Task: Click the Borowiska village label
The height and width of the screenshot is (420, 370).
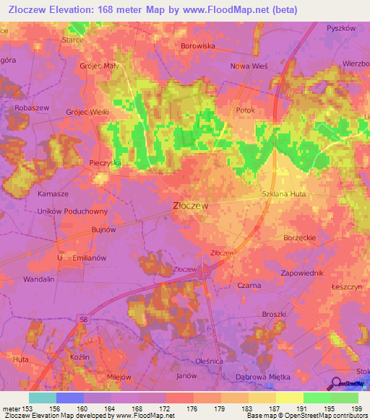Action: click(198, 45)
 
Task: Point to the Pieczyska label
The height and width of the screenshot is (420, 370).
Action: click(106, 164)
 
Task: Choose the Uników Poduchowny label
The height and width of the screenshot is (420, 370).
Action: click(72, 211)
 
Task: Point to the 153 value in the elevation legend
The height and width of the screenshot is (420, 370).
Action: click(28, 408)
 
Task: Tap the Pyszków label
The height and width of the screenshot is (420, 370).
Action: click(341, 27)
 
